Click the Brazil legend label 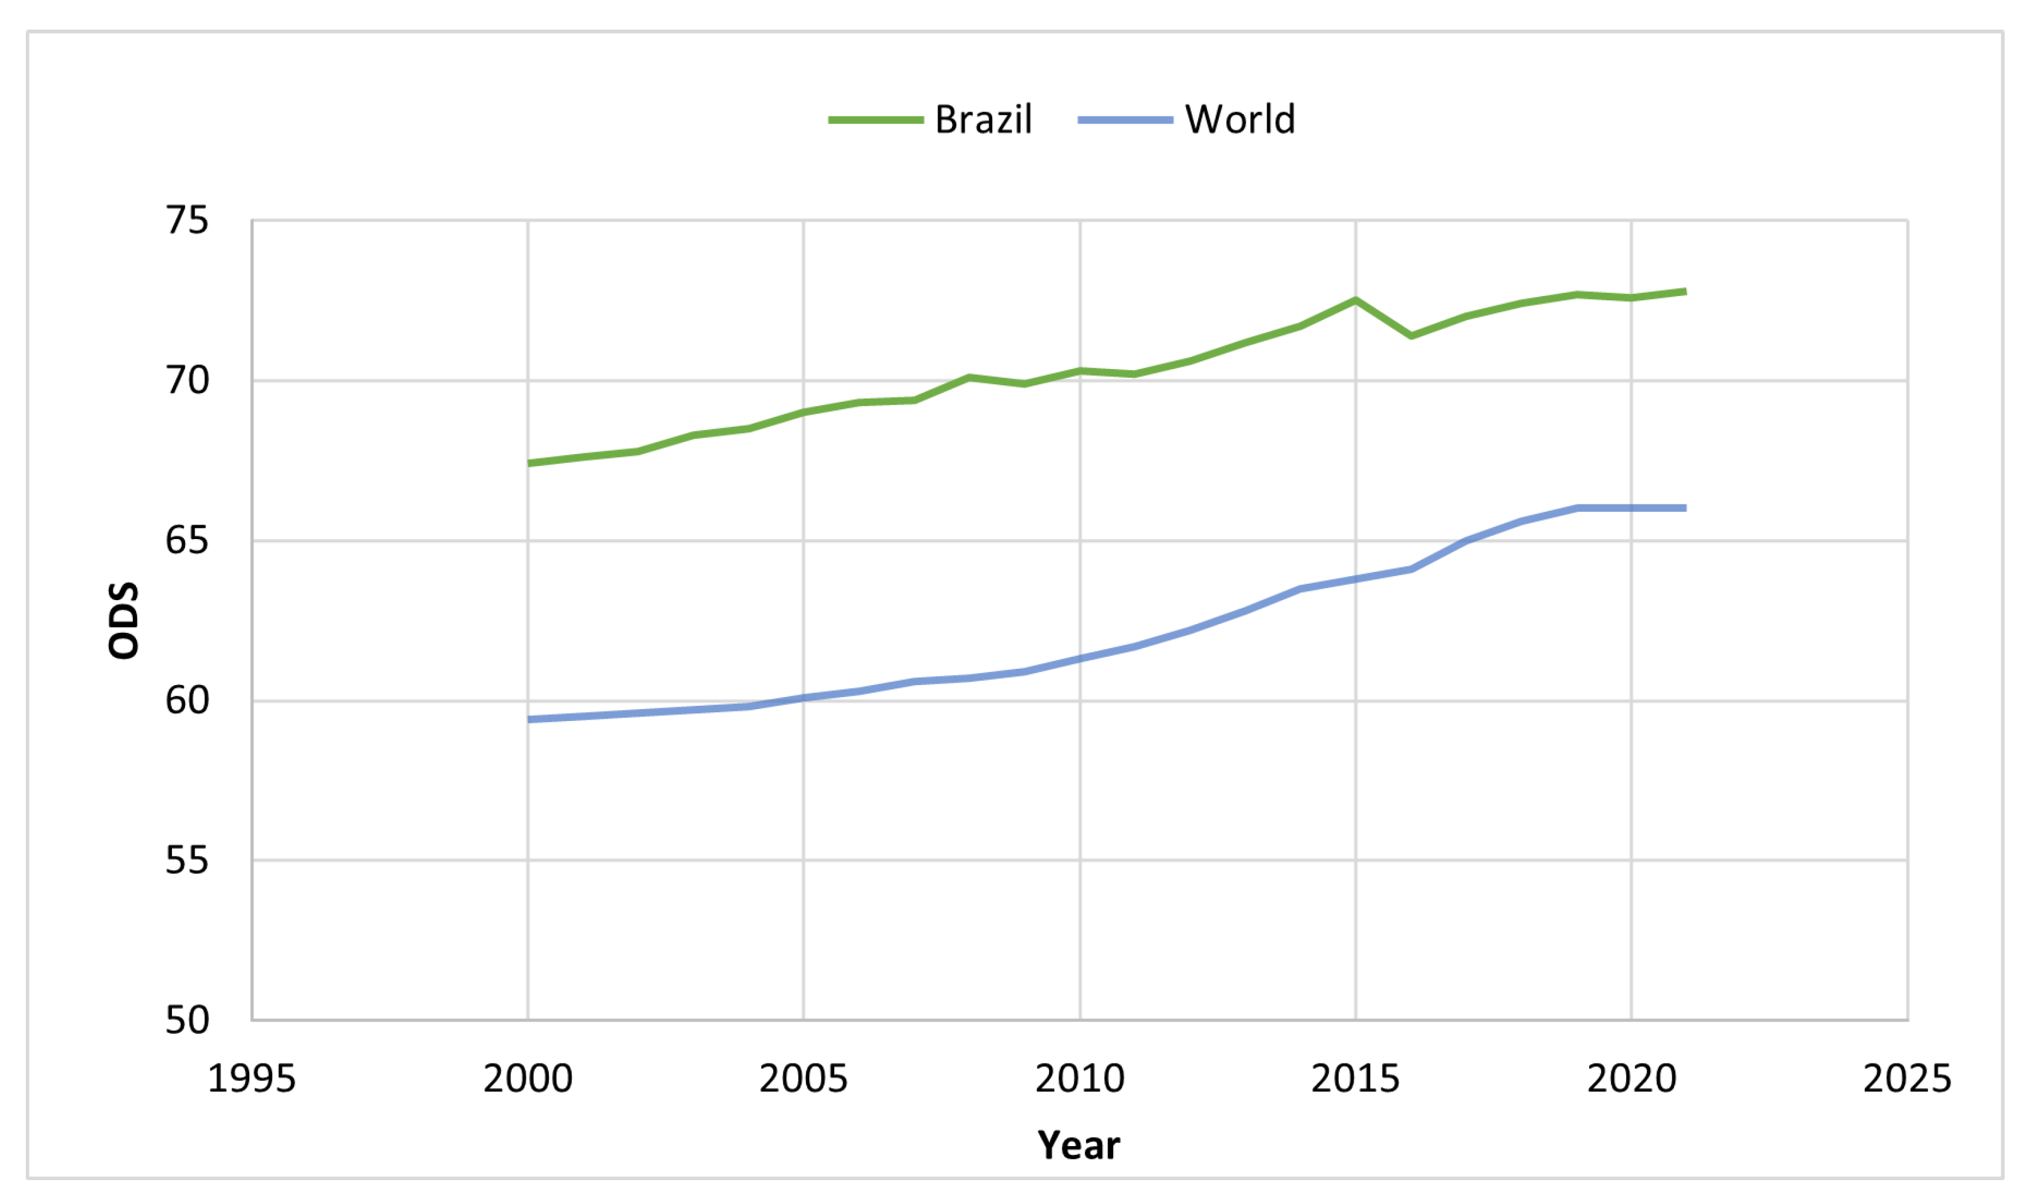click(x=983, y=120)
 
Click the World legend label click(x=1239, y=120)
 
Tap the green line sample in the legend click(x=875, y=120)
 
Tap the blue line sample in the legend click(x=1124, y=120)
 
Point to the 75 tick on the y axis click(x=186, y=220)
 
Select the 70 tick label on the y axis click(x=186, y=380)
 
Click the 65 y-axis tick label click(x=186, y=540)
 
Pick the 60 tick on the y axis click(x=186, y=700)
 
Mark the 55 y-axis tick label click(x=186, y=860)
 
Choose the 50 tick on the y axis click(x=186, y=1020)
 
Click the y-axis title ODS click(x=124, y=621)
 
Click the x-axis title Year click(x=1079, y=1145)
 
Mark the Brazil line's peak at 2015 click(x=1355, y=300)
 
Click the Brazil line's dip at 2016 click(x=1411, y=335)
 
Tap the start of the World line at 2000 click(x=529, y=719)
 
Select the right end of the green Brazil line click(x=1685, y=292)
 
